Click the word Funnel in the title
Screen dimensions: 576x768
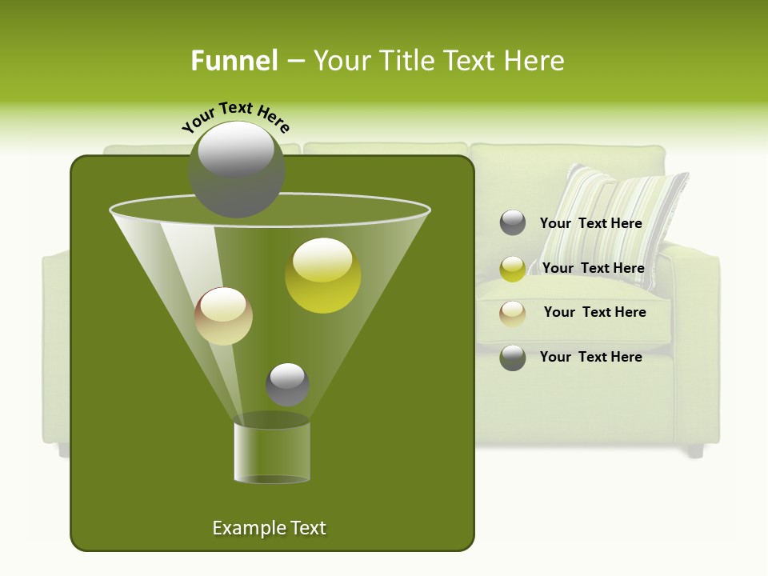point(234,61)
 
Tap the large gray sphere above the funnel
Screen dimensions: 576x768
point(237,169)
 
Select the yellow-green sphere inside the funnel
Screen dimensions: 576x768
point(322,275)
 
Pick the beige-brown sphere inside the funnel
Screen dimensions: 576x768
point(224,316)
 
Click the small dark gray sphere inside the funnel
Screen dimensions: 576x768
point(287,385)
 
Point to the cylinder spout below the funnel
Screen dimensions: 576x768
point(272,452)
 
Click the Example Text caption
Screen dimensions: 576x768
point(269,528)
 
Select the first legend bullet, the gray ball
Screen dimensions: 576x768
point(513,222)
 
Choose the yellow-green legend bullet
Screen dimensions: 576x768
point(513,269)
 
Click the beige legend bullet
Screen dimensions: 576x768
point(513,314)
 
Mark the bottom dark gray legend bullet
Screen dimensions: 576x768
point(513,358)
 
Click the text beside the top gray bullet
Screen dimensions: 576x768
point(590,224)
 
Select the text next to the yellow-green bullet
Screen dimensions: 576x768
point(593,269)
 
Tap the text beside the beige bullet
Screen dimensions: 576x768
point(594,313)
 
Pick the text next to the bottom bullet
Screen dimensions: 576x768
point(590,357)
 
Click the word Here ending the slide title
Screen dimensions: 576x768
point(535,61)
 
